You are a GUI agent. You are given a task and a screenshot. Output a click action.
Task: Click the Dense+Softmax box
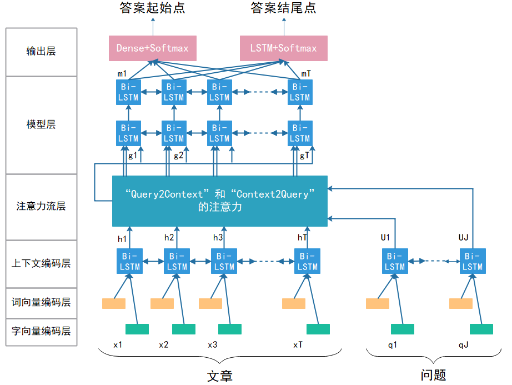click(152, 48)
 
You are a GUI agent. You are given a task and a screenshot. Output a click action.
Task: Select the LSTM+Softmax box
click(283, 48)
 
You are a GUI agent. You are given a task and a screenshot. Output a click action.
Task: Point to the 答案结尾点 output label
click(284, 8)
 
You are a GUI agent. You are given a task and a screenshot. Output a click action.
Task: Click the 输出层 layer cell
click(41, 52)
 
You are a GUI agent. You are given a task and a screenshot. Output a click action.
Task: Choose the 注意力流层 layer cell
click(41, 206)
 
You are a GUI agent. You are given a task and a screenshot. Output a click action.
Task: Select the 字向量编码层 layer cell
click(41, 331)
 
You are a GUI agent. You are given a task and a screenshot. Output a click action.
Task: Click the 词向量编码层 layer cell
click(41, 302)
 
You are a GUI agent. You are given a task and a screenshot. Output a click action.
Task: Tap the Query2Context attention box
click(220, 201)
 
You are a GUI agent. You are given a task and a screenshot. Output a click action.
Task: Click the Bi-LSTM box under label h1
click(129, 262)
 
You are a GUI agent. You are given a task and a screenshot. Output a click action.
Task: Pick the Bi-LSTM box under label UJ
click(473, 262)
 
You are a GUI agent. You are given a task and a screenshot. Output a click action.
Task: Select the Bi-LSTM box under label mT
click(300, 92)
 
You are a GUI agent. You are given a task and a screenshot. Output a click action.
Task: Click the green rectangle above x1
click(137, 329)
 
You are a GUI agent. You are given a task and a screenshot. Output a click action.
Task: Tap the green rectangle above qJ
click(481, 329)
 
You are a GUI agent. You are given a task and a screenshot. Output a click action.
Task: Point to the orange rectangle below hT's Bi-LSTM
click(294, 304)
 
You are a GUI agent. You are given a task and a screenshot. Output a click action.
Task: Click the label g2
click(178, 156)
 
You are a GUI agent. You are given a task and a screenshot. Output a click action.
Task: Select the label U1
click(385, 238)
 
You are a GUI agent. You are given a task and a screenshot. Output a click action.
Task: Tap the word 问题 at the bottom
click(433, 375)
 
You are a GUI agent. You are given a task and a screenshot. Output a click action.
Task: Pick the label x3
click(213, 344)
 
